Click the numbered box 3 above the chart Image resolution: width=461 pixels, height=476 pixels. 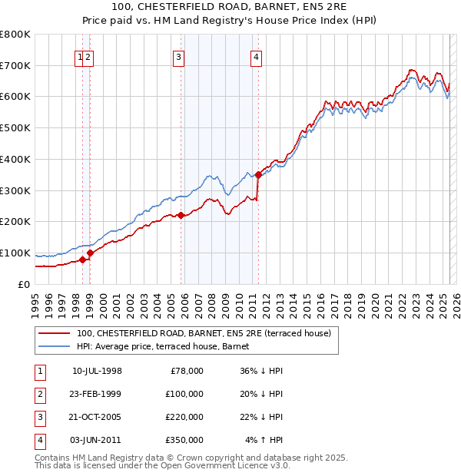click(x=178, y=56)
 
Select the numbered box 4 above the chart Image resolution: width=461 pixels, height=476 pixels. click(x=255, y=56)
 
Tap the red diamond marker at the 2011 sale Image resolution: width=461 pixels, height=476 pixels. click(x=258, y=174)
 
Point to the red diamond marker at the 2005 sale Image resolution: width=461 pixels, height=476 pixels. click(x=181, y=215)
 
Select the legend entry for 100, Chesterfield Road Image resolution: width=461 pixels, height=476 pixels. click(x=204, y=333)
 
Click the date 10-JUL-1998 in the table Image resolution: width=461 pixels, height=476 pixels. click(x=97, y=371)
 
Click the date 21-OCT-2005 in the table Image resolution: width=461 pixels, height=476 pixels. click(x=97, y=417)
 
